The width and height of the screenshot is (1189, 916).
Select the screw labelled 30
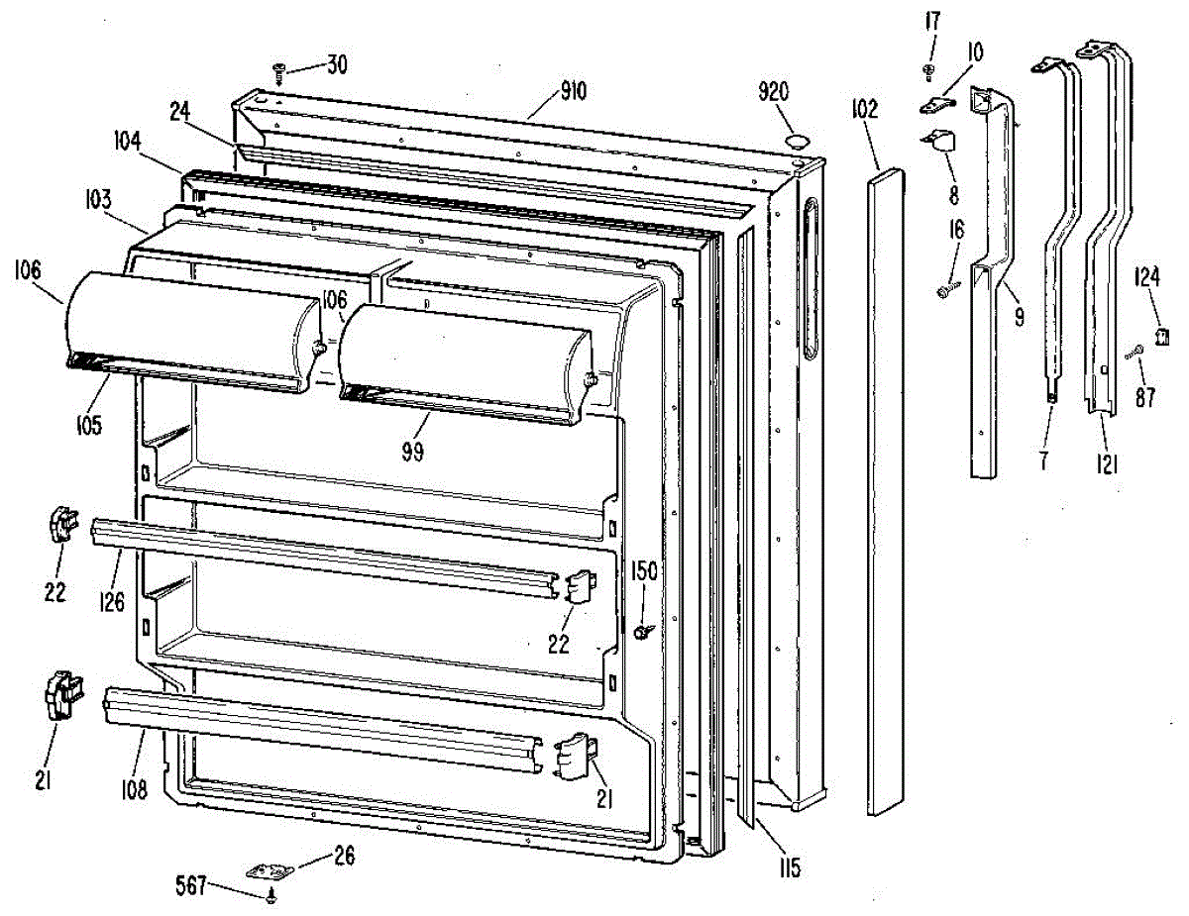pos(278,70)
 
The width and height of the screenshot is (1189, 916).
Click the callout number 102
pos(864,109)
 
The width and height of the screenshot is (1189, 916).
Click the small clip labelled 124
pos(1165,337)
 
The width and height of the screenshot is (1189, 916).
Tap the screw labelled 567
pos(272,896)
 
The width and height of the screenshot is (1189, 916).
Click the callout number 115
pos(789,869)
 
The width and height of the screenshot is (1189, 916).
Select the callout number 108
pos(135,789)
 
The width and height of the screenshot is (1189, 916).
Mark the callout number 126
pos(112,601)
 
